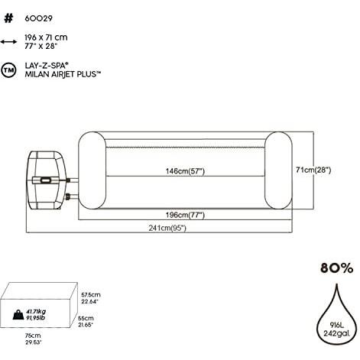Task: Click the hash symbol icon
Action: point(8,18)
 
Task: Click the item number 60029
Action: point(38,18)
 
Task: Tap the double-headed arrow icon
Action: point(8,41)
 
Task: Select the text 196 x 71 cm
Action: point(46,37)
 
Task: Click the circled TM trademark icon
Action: point(8,70)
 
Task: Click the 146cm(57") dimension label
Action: point(185,171)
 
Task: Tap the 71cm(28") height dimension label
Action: point(313,170)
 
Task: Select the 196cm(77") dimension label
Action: point(185,215)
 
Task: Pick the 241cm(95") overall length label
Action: point(167,228)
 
